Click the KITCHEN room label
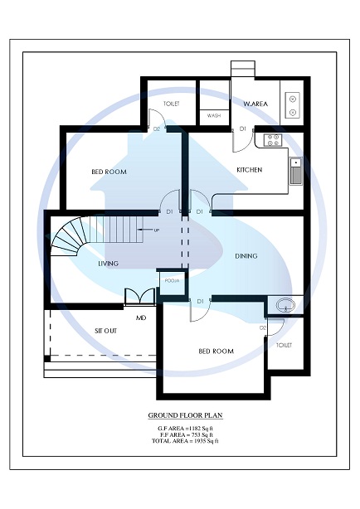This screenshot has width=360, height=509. pyautogui.click(x=249, y=170)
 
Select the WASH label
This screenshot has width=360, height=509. pyautogui.click(x=213, y=116)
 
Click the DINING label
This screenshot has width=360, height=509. pyautogui.click(x=247, y=256)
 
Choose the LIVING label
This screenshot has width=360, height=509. pyautogui.click(x=108, y=264)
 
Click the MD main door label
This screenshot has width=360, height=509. pyautogui.click(x=141, y=318)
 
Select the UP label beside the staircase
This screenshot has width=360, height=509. pyautogui.click(x=156, y=230)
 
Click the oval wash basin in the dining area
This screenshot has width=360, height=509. pyautogui.click(x=283, y=305)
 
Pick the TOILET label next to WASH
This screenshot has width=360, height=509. pyautogui.click(x=172, y=104)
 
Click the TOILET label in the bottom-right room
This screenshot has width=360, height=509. pyautogui.click(x=284, y=344)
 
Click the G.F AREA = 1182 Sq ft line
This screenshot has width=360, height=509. pyautogui.click(x=185, y=428)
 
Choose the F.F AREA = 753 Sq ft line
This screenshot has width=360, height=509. pyautogui.click(x=185, y=434)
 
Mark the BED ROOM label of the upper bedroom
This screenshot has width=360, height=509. pyautogui.click(x=109, y=172)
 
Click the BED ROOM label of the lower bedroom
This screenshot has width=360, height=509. pyautogui.click(x=216, y=351)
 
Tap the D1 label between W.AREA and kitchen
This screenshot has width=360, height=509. pyautogui.click(x=243, y=128)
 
